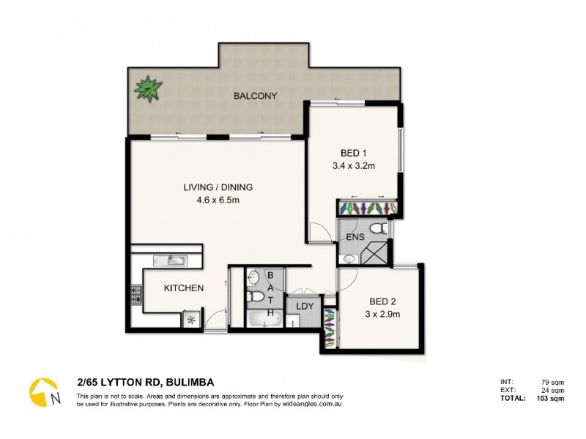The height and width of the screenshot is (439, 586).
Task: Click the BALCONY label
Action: (255, 96)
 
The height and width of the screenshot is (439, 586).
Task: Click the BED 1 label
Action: (353, 153)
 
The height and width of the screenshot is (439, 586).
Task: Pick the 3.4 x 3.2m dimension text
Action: (353, 165)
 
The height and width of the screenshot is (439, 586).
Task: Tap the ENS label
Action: (355, 237)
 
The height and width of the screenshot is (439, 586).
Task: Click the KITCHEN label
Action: (183, 288)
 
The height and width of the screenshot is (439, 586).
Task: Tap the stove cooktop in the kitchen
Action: (136, 295)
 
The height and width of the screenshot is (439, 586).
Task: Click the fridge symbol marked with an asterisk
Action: (192, 320)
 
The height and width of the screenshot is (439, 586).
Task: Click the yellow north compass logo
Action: (44, 391)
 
